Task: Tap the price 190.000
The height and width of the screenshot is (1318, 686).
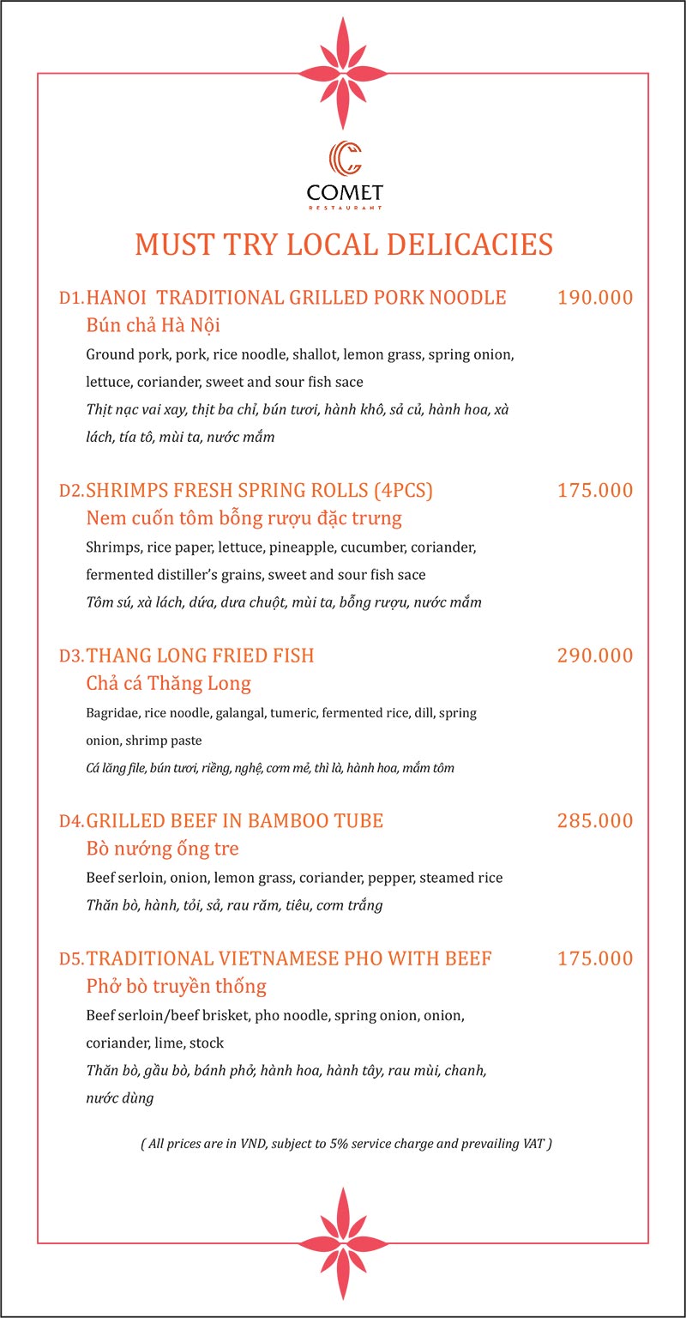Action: pyautogui.click(x=595, y=298)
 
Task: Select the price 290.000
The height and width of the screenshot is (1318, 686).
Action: pyautogui.click(x=595, y=656)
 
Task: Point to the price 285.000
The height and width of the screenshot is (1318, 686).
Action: pyautogui.click(x=595, y=820)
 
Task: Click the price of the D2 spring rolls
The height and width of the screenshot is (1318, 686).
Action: pyautogui.click(x=595, y=490)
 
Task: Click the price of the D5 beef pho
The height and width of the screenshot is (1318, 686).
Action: pyautogui.click(x=595, y=958)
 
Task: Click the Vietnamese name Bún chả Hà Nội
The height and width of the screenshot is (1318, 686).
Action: pyautogui.click(x=154, y=326)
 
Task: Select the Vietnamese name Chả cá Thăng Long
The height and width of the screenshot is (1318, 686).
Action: pyautogui.click(x=169, y=684)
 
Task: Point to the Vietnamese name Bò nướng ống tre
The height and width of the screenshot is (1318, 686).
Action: pyautogui.click(x=163, y=849)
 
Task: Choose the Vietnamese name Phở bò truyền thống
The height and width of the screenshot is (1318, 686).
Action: pyautogui.click(x=177, y=986)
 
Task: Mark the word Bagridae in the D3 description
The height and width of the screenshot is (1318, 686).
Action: pyautogui.click(x=112, y=712)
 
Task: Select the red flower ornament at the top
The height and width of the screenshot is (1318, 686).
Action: pyautogui.click(x=344, y=73)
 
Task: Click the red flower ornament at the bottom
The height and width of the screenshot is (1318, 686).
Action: pyautogui.click(x=344, y=1242)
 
